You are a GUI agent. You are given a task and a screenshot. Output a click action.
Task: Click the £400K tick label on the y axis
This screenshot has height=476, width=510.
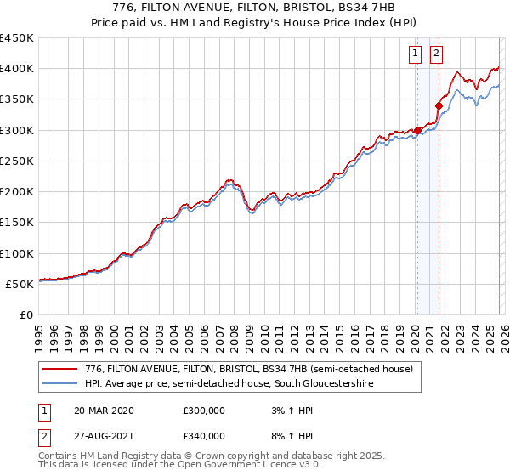click(17, 69)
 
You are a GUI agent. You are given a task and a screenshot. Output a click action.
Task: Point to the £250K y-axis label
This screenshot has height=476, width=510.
click(17, 161)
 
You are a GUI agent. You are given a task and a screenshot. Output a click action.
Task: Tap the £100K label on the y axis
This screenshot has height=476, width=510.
click(17, 253)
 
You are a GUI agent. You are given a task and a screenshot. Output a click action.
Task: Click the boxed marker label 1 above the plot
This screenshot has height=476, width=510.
click(416, 54)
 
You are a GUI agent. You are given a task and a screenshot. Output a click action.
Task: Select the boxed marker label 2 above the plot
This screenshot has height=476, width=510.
click(437, 54)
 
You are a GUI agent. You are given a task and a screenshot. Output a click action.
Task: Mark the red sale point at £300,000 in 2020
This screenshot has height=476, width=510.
click(417, 130)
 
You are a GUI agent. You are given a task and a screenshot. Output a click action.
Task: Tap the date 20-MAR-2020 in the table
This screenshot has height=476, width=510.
click(104, 411)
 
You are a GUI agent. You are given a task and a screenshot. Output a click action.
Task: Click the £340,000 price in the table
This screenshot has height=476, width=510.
click(204, 436)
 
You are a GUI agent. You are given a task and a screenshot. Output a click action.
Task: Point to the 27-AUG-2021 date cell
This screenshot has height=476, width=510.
click(104, 436)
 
